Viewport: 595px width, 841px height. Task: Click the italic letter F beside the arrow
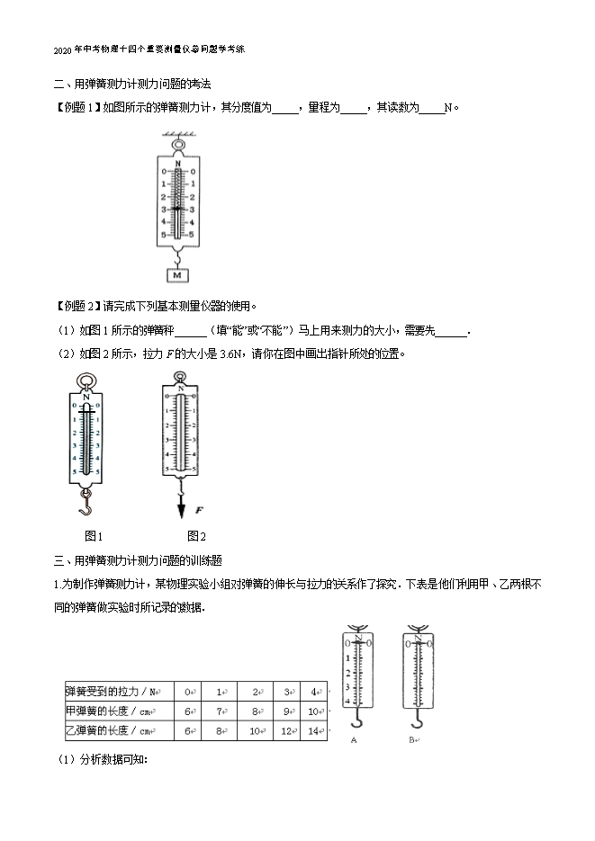point(198,510)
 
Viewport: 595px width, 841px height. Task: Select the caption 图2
point(183,536)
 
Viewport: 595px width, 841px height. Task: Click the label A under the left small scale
point(353,739)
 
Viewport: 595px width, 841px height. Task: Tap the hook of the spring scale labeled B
point(416,720)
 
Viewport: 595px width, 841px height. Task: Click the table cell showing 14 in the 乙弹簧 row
point(313,731)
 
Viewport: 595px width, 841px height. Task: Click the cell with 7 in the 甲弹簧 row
point(219,711)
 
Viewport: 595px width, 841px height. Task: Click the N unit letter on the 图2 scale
point(183,391)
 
